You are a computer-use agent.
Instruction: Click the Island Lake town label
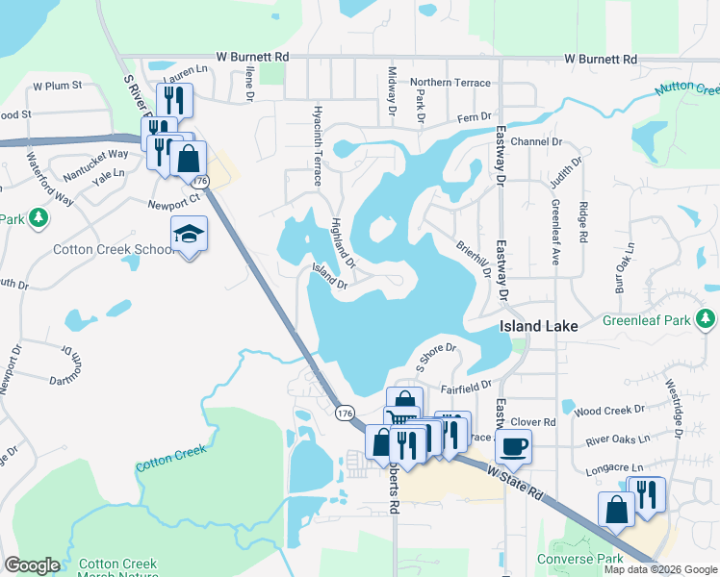point(539,326)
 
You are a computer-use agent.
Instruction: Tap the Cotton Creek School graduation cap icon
point(189,234)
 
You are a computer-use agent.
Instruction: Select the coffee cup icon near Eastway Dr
point(513,445)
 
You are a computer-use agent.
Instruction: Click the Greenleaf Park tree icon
point(707,317)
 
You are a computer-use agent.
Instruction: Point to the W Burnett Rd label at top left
point(252,58)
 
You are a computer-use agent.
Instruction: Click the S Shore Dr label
point(434,356)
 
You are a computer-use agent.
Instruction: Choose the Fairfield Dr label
point(467,389)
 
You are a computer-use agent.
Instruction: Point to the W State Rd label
point(516,476)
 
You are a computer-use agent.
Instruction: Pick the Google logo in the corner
point(32,565)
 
